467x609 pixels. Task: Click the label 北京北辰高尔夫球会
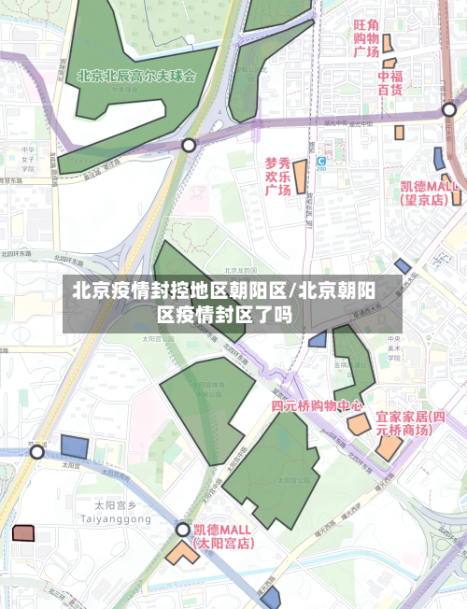point(136,76)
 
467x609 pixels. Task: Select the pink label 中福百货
point(389,83)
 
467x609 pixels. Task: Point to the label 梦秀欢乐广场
point(277,176)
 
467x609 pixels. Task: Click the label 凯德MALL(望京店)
point(430,192)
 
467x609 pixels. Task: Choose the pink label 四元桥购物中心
point(317,406)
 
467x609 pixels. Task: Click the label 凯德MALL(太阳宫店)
point(222,535)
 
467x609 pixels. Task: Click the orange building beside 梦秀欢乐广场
point(301,177)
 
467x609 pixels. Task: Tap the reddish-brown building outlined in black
point(22,533)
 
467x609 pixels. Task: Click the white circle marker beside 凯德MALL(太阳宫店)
point(183,530)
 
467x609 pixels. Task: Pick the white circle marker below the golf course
point(190,145)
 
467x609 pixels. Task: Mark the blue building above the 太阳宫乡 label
point(74,446)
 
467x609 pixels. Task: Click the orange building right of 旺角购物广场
point(387,43)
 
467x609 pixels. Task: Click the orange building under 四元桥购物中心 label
point(358,425)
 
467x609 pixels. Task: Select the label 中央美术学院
point(395,347)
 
